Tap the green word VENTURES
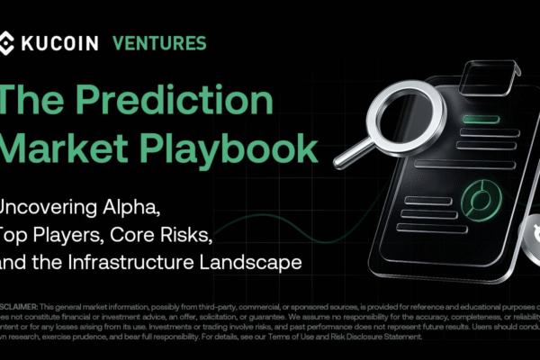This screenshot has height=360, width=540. [158, 42]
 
